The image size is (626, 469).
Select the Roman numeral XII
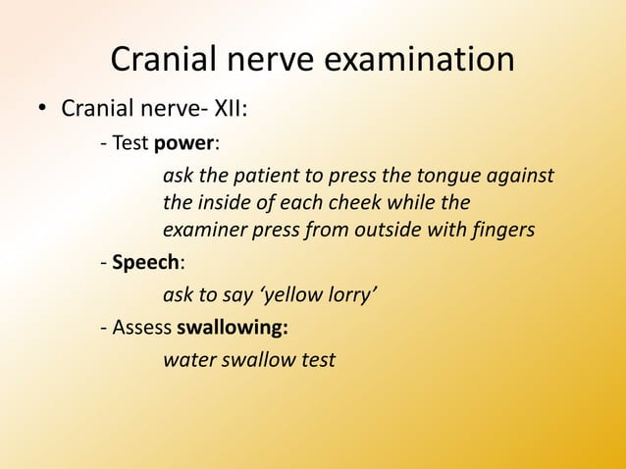pyautogui.click(x=228, y=106)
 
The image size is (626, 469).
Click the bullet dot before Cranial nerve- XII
pyautogui.click(x=43, y=107)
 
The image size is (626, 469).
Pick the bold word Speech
pyautogui.click(x=147, y=264)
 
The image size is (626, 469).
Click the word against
pyautogui.click(x=525, y=177)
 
